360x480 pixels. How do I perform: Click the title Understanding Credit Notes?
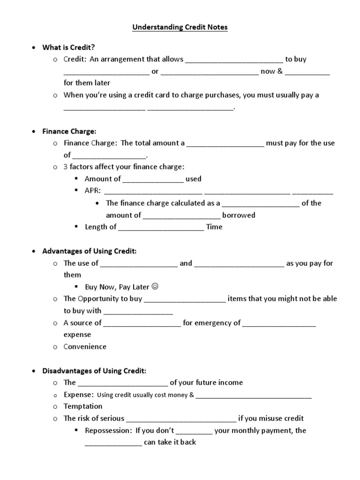(x=180, y=28)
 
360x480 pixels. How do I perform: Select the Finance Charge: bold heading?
(x=69, y=131)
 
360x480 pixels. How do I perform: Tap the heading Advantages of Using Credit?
(x=89, y=251)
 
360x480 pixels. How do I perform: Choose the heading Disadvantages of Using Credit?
(x=94, y=371)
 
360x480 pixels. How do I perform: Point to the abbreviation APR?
(x=92, y=191)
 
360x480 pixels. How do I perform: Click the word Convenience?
(x=85, y=347)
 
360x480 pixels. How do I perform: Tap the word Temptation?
(x=83, y=406)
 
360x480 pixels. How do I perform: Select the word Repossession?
(x=108, y=430)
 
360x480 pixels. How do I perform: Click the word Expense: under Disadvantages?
(x=79, y=395)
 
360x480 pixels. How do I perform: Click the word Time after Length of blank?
(x=214, y=227)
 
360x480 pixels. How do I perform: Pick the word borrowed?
(x=239, y=215)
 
